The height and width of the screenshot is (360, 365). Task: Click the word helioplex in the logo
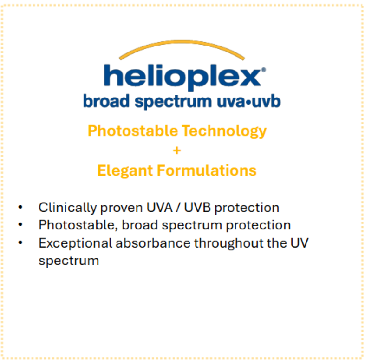point(182,77)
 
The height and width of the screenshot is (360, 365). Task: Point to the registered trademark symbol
point(263,70)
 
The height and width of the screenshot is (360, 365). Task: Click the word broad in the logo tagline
point(106,101)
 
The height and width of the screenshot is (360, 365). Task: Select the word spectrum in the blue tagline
point(173,102)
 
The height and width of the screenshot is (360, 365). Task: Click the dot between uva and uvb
point(249,102)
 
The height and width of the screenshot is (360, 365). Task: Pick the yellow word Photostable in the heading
point(133,131)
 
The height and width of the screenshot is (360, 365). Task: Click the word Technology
point(224,131)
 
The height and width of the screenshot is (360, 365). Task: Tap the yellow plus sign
point(177,151)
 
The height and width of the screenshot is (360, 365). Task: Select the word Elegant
point(125,171)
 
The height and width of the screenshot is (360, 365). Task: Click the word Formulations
point(207,170)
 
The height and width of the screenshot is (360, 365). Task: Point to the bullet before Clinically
point(20,207)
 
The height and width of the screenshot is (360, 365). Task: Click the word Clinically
point(67,208)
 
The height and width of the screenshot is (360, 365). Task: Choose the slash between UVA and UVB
point(178,208)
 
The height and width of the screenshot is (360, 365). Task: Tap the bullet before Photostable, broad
point(20,225)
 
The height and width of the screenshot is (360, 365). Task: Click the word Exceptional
point(75,243)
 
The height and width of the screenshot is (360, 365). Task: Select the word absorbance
point(153,243)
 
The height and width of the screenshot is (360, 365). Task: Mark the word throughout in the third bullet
point(240,243)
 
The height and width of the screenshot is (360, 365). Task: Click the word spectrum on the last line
point(69,261)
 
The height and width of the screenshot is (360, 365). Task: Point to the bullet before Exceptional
point(20,242)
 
